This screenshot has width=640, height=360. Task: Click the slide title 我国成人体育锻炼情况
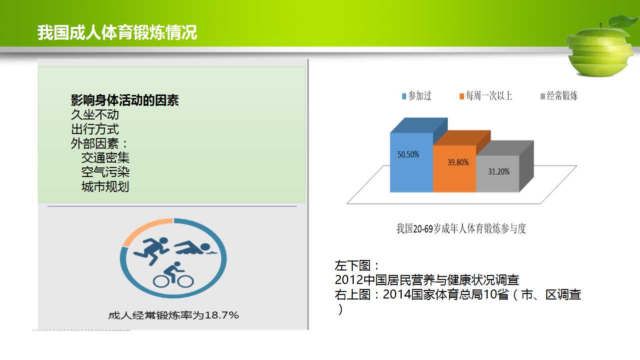coord(117,32)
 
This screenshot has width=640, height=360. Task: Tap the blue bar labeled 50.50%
coord(412,162)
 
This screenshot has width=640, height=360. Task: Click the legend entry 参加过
coord(417,96)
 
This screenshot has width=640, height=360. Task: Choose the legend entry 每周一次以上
coord(486,96)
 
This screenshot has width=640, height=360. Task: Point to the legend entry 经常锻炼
coord(559,96)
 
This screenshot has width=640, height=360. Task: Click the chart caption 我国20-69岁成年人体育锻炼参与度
coord(461,228)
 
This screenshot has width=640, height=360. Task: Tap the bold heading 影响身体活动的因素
coord(125,100)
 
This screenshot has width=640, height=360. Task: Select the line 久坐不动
coord(95,114)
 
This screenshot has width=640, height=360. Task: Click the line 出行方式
coord(95,129)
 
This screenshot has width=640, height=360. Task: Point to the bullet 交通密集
coord(105,157)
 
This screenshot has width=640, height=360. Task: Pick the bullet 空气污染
coord(105,172)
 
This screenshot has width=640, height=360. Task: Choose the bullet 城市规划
coord(105,186)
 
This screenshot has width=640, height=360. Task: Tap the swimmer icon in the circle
coord(196,248)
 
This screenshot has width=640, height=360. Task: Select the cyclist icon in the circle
coord(173,274)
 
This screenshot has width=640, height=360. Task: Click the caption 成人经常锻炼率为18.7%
coord(173,315)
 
